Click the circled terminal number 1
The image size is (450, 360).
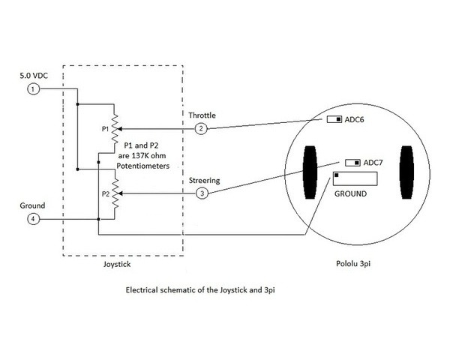coord(33,90)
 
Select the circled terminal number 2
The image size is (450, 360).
coord(201,129)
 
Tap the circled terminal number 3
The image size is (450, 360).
coord(201,193)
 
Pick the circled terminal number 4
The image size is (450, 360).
coord(33,219)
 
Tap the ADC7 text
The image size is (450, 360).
coord(373,163)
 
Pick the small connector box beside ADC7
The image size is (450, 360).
coord(351,163)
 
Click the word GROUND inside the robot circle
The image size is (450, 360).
coord(350,193)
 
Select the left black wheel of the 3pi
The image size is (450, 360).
coord(309,173)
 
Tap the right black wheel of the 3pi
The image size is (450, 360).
coord(406,173)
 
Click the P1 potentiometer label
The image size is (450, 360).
coord(106,129)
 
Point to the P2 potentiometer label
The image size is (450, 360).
coord(106,193)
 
